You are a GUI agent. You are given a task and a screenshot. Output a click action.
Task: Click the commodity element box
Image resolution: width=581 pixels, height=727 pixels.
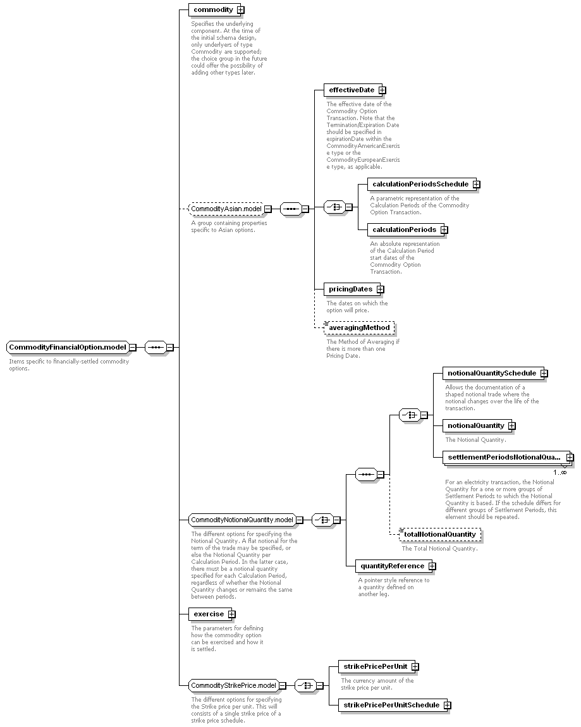coord(216,9)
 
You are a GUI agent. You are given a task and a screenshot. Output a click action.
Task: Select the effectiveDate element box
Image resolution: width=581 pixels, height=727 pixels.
coord(354,90)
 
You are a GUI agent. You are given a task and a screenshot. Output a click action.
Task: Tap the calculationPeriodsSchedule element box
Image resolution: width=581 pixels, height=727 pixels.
coord(423,184)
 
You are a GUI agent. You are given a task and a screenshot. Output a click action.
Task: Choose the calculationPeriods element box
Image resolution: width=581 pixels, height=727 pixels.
coord(407,229)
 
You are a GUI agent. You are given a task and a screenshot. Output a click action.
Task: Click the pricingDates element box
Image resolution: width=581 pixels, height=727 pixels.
coord(353,289)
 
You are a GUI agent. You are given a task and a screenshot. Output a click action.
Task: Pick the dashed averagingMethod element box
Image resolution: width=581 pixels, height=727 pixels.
coord(359,328)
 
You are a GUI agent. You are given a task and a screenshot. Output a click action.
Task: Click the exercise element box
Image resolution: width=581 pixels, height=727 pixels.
coord(212,614)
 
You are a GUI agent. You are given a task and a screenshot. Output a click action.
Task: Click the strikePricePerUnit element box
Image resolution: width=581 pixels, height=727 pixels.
coord(378,666)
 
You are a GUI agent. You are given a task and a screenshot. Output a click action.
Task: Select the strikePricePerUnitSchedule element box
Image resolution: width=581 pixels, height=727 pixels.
coord(394,705)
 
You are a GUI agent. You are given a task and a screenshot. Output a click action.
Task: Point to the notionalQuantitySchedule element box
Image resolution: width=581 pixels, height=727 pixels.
coord(495,373)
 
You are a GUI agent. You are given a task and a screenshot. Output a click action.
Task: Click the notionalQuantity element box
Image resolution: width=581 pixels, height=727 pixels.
coord(479,425)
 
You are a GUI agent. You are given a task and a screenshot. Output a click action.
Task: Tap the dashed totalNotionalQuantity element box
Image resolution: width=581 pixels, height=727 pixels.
coord(440,535)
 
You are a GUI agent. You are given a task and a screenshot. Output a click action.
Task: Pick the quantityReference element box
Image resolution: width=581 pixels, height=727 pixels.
coord(396,566)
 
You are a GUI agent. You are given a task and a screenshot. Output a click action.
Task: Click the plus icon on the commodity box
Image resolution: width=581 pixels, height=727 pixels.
coord(241,9)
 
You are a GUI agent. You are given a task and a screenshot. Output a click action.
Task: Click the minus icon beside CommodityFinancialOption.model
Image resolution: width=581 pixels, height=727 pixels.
coord(133,347)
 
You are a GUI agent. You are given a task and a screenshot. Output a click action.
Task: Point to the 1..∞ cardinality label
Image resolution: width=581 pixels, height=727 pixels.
coord(560,472)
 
